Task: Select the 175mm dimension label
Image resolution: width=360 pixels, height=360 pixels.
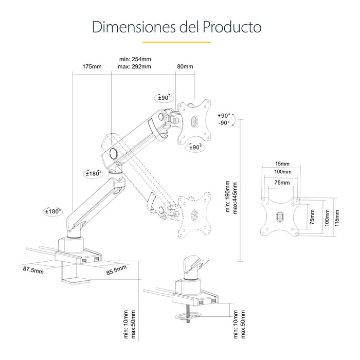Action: coord(92,67)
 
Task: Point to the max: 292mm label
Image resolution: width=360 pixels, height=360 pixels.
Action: coord(134,67)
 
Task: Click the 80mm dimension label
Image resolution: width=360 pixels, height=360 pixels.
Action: coord(185,67)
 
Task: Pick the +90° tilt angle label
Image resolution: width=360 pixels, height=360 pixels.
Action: coord(224,115)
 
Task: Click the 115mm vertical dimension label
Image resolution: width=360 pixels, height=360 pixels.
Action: coord(337,217)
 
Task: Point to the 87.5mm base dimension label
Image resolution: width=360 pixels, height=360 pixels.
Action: coord(32,269)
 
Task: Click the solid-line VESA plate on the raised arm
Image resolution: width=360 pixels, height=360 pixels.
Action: coord(194,121)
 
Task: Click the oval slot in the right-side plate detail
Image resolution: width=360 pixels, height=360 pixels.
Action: coord(280,217)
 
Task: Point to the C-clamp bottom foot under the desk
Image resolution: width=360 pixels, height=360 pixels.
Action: coord(75,281)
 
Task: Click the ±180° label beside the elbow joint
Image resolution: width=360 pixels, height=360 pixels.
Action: coord(93,174)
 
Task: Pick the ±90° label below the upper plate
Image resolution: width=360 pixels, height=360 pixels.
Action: coord(194,147)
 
